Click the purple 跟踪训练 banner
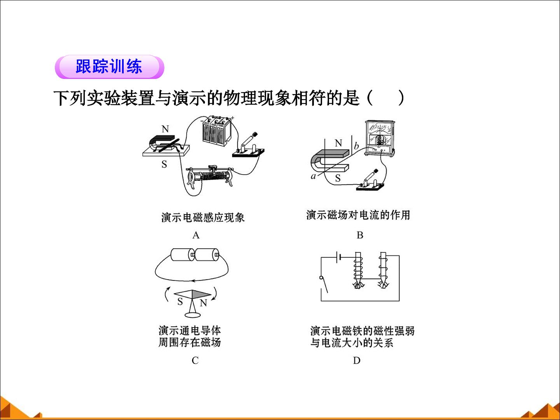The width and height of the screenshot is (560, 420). pyautogui.click(x=109, y=67)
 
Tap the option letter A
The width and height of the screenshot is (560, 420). pyautogui.click(x=196, y=235)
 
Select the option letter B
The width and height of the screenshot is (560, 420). pyautogui.click(x=360, y=235)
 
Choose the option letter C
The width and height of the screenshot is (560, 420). pyautogui.click(x=195, y=360)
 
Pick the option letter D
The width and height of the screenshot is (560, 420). pyautogui.click(x=357, y=360)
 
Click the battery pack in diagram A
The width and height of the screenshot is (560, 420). pyautogui.click(x=217, y=131)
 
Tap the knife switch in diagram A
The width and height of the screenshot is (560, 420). pyautogui.click(x=248, y=146)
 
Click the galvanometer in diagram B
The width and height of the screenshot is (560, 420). pyautogui.click(x=380, y=138)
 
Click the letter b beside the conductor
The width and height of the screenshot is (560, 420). pyautogui.click(x=356, y=146)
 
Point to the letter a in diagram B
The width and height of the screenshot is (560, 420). pyautogui.click(x=313, y=176)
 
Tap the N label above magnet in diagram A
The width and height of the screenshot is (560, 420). pyautogui.click(x=165, y=129)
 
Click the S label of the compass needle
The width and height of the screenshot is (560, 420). pyautogui.click(x=180, y=302)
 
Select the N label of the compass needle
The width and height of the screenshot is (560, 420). pyautogui.click(x=203, y=303)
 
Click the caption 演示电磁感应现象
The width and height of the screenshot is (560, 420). pyautogui.click(x=203, y=217)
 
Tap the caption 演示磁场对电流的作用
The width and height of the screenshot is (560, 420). pyautogui.click(x=358, y=215)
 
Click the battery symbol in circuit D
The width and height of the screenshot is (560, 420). pyautogui.click(x=339, y=257)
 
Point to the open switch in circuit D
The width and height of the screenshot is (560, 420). pyautogui.click(x=324, y=285)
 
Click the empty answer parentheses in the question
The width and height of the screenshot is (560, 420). pyautogui.click(x=385, y=98)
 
